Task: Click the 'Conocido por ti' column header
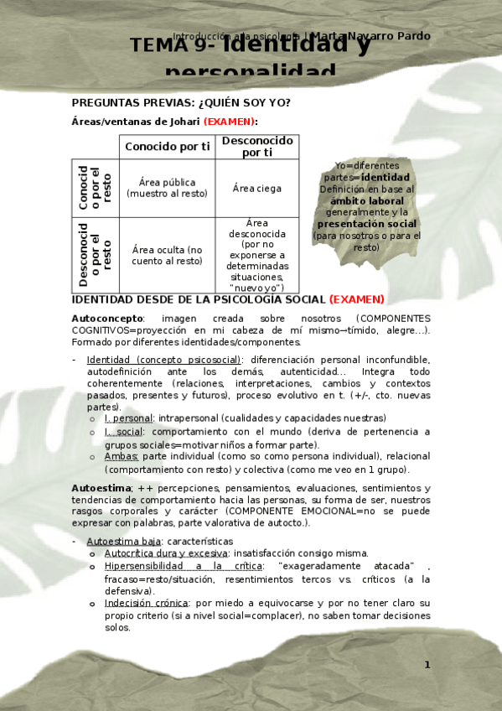[167, 147]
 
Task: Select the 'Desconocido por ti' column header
[256, 147]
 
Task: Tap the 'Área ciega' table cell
[256, 189]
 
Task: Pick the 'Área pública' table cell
[167, 188]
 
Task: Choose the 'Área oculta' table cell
[167, 255]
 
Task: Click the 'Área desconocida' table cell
[256, 255]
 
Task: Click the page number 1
[427, 665]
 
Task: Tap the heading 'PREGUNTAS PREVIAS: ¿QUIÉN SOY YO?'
[182, 102]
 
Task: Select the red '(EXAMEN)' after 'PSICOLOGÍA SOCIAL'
[356, 299]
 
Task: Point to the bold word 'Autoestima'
[102, 488]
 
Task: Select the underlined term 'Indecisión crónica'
[144, 603]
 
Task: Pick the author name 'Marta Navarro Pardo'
[370, 36]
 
